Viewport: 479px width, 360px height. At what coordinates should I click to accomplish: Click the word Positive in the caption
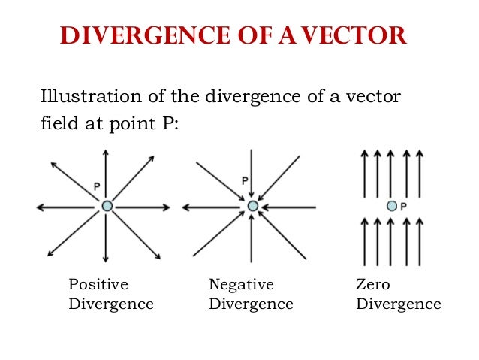point(98,285)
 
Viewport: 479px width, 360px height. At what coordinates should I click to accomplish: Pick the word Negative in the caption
point(241,285)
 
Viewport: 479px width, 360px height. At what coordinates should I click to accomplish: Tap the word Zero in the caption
point(373,285)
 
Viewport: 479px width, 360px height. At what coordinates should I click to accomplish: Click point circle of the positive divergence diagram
point(107,205)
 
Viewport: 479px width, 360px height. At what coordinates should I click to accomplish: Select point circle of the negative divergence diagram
point(252,205)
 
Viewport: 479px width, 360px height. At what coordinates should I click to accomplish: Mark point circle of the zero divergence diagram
point(390,205)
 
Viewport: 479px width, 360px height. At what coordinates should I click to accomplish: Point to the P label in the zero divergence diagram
point(403,206)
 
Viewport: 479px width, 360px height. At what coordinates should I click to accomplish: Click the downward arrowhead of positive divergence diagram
point(106,262)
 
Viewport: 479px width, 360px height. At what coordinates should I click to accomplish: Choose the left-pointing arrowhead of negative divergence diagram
point(186,206)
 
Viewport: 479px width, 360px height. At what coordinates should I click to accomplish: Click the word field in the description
point(57,123)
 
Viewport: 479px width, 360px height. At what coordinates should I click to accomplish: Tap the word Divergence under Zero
point(398,304)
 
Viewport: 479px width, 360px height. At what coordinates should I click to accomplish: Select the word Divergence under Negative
point(251,304)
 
